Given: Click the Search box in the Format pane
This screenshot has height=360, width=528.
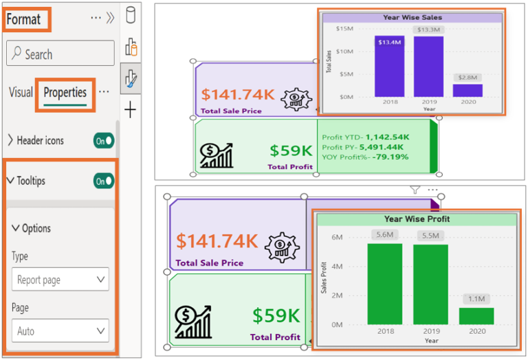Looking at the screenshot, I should [x=60, y=54].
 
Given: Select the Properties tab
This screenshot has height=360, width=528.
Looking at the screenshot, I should [x=65, y=92].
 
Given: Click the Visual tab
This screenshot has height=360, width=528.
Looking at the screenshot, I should [x=21, y=92].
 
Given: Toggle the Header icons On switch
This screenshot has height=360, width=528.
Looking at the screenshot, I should [x=104, y=140].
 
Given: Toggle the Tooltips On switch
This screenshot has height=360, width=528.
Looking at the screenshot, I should [x=104, y=181].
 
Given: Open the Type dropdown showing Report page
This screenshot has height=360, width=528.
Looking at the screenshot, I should [x=60, y=280].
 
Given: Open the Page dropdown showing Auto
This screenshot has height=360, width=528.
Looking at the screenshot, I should [x=60, y=331].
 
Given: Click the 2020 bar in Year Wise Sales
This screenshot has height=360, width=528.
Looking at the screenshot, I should [x=467, y=90].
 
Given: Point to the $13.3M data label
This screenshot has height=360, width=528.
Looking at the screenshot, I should [x=428, y=30].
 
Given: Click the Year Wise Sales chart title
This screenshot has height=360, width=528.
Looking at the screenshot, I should [x=412, y=17].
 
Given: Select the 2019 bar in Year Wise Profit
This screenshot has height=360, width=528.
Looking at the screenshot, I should [x=430, y=284].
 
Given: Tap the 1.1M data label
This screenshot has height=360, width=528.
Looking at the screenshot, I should [x=476, y=299].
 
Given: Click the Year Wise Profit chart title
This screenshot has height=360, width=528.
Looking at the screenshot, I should [x=417, y=219].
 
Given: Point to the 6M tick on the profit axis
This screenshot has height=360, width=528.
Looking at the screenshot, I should [x=338, y=237].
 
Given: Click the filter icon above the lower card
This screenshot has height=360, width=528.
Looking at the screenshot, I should [x=415, y=190].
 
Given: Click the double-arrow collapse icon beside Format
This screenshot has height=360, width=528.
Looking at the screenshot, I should [x=110, y=19].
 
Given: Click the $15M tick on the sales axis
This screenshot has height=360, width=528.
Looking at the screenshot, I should [x=344, y=29].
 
